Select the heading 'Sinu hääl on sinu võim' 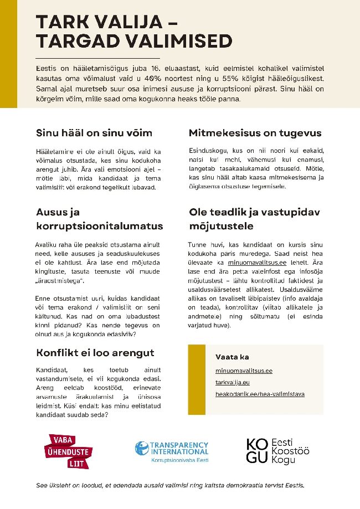pyautogui.click(x=94, y=133)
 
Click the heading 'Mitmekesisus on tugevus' pyautogui.click(x=255, y=133)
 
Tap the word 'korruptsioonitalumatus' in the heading pyautogui.click(x=100, y=226)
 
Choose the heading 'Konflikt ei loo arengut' pyautogui.click(x=95, y=353)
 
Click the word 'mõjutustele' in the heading pyautogui.click(x=222, y=226)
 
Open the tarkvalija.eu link pyautogui.click(x=233, y=382)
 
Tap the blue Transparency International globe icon pyautogui.click(x=142, y=449)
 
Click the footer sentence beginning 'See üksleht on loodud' pyautogui.click(x=170, y=486)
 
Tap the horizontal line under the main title pyautogui.click(x=97, y=58)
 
